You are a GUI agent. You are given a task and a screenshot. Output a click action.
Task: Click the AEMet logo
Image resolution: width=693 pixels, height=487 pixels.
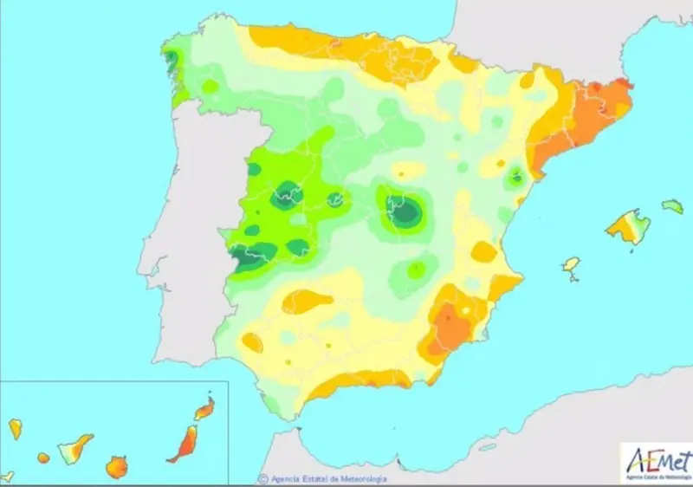[x=655, y=462]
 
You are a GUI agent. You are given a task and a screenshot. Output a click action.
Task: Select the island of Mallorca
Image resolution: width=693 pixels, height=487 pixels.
[x=627, y=227]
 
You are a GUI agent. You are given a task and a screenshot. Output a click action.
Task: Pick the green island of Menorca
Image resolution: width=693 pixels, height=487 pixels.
[x=672, y=206]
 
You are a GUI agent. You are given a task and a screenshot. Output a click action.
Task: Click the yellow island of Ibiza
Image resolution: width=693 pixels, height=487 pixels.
[x=571, y=265]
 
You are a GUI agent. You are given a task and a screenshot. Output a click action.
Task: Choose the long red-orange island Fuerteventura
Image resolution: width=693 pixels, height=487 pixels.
[x=184, y=444]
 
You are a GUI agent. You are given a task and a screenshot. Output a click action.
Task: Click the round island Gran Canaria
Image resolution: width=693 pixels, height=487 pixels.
[x=116, y=468]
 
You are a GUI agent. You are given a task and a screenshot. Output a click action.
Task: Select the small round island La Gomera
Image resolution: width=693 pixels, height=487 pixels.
[x=43, y=458]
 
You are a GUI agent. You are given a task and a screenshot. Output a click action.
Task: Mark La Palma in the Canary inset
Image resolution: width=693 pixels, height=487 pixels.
[x=16, y=428]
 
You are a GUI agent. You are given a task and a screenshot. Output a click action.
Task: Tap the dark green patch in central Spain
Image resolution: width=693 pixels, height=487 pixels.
[x=403, y=211]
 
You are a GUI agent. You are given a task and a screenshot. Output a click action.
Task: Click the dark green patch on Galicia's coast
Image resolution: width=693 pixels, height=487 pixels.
[x=172, y=59]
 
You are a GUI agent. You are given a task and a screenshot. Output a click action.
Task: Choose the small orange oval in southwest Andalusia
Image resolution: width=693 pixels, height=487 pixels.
[x=252, y=342]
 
